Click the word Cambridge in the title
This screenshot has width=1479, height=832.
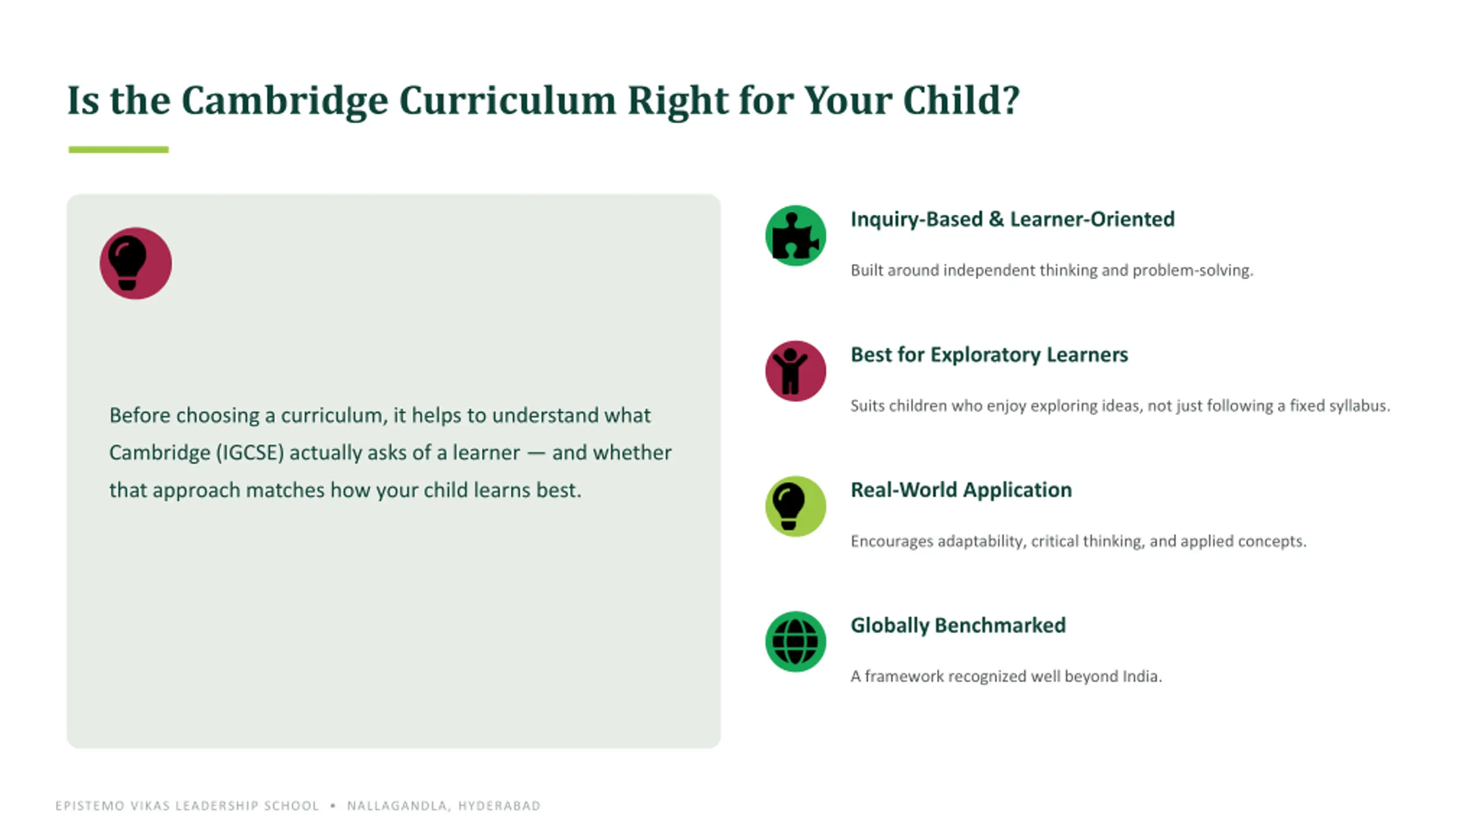click(285, 101)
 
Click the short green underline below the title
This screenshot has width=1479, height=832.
click(118, 150)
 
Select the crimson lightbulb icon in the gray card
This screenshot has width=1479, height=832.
click(136, 263)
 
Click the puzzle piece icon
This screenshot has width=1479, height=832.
click(796, 236)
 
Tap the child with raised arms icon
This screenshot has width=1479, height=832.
click(796, 371)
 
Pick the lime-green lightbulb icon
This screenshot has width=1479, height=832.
click(796, 506)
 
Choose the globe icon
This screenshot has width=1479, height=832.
click(796, 641)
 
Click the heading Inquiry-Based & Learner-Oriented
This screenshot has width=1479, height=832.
click(1012, 220)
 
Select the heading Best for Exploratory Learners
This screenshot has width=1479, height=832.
click(989, 355)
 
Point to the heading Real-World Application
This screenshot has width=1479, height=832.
click(961, 490)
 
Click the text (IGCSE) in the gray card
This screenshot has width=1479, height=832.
click(250, 452)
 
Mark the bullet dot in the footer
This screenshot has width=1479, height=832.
click(333, 805)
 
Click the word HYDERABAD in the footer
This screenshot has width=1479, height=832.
click(499, 806)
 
